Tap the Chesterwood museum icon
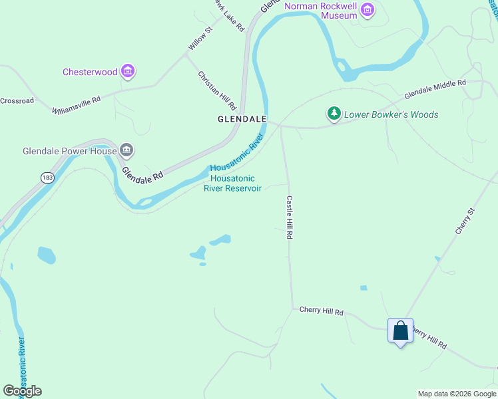pyautogui.click(x=128, y=71)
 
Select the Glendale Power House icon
pyautogui.click(x=126, y=151)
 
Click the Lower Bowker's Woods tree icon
pyautogui.click(x=334, y=114)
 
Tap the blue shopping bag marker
pyautogui.click(x=400, y=331)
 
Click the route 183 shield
pyautogui.click(x=47, y=178)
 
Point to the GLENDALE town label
pyautogui.click(x=242, y=120)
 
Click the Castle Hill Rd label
pyautogui.click(x=290, y=217)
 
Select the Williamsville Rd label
pyautogui.click(x=77, y=104)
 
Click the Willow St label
pyautogui.click(x=199, y=39)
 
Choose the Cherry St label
pyautogui.click(x=465, y=221)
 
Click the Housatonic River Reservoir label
pyautogui.click(x=232, y=183)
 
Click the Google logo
pyautogui.click(x=22, y=391)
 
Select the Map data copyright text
pyautogui.click(x=457, y=394)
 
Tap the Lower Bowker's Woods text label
pyautogui.click(x=391, y=114)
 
